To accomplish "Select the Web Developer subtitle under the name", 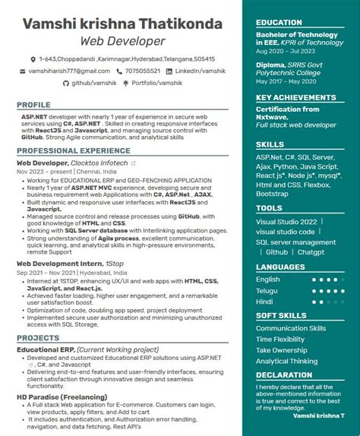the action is point(122,40).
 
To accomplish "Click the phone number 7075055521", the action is point(142,71).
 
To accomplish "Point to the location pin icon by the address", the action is point(33,59).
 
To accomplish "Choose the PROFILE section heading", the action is point(33,105).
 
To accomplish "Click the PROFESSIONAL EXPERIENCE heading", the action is point(62,150).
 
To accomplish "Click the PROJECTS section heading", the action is point(38,337).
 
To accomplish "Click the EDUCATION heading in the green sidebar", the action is point(279,23).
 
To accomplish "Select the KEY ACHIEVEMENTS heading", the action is point(295,97).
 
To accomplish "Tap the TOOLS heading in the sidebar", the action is point(269,207).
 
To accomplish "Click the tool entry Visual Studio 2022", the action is point(286,222).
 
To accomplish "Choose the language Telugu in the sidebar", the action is point(267,290).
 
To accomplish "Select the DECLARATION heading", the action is point(284,374).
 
